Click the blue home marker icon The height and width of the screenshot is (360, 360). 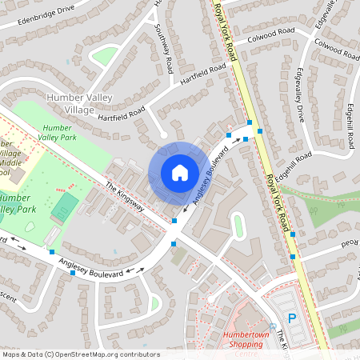pos(179,173)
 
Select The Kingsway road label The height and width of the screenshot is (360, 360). pos(124,195)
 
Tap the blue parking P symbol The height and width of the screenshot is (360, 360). pos(291,318)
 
